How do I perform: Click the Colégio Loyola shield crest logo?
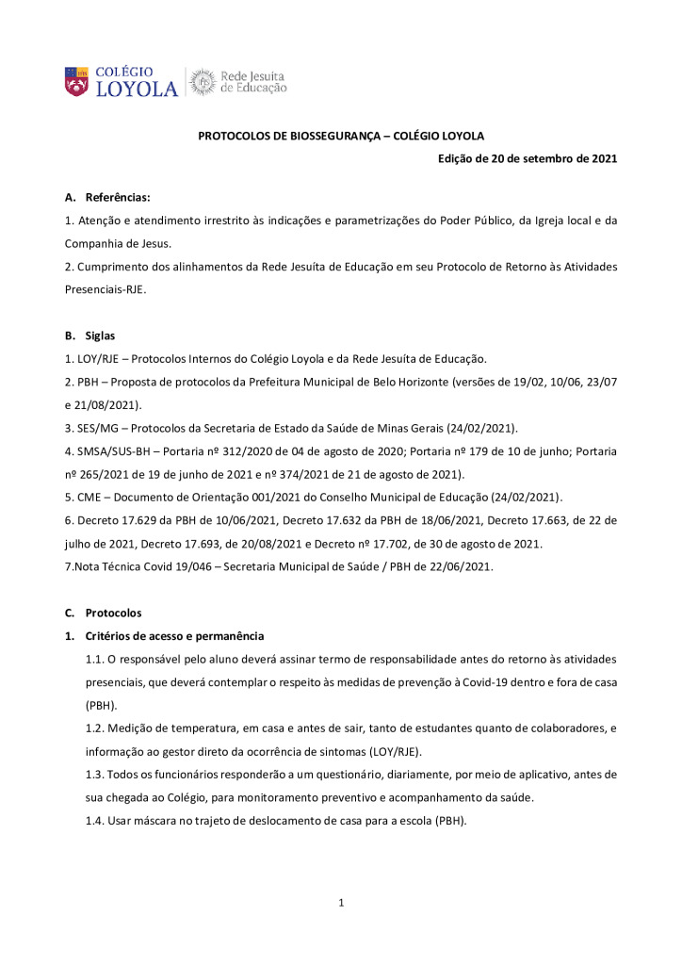(x=76, y=81)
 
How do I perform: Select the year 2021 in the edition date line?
(x=598, y=158)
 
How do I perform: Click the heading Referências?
(x=118, y=198)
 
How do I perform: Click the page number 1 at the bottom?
(x=341, y=904)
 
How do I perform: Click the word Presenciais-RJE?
(x=105, y=289)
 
